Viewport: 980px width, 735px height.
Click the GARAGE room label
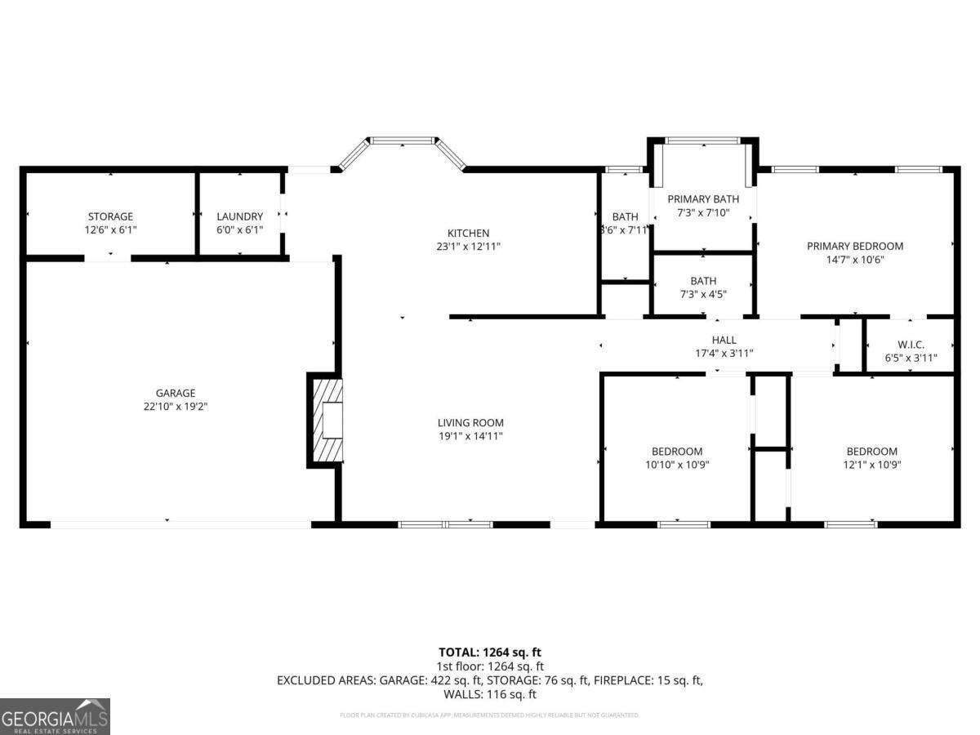[x=176, y=393]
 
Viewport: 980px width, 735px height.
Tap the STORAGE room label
[x=110, y=216]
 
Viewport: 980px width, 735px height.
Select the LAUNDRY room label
[x=239, y=216]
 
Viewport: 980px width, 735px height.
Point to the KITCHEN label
[x=468, y=234]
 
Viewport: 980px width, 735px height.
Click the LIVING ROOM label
[x=470, y=423]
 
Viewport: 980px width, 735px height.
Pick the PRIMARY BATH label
[x=702, y=199]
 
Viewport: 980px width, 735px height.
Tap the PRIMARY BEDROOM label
[x=854, y=246]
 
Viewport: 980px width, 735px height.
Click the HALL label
[x=724, y=340]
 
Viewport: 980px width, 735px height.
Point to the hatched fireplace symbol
[x=325, y=421]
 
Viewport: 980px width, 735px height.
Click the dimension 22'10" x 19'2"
[x=176, y=406]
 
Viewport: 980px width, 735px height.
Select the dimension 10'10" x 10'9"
[x=676, y=465]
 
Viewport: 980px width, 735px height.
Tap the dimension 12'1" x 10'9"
[x=871, y=465]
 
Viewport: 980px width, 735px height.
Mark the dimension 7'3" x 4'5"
[x=702, y=294]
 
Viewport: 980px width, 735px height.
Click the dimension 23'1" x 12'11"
[x=468, y=247]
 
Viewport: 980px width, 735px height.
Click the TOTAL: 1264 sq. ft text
[x=489, y=652]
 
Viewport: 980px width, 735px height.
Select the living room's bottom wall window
[x=446, y=523]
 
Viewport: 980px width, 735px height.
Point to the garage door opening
[x=180, y=523]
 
